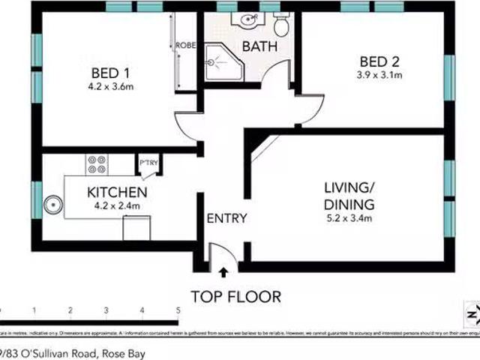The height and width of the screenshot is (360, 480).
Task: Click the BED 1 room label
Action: pos(111,73)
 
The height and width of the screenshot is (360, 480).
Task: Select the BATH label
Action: pos(259,46)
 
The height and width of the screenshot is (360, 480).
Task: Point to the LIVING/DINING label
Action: pos(349,195)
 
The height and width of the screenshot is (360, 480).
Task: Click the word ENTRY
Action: pos(226,218)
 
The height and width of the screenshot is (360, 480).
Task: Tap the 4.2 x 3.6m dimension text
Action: pos(111,87)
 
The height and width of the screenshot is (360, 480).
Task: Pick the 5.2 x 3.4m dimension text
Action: pos(349,218)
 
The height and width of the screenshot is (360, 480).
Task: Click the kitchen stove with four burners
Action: pos(97,164)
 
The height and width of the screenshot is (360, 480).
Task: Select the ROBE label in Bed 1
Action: pos(185,46)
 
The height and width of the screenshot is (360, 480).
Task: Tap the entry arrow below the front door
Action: pos(223,274)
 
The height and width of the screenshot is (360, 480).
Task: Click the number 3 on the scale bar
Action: pos(106,310)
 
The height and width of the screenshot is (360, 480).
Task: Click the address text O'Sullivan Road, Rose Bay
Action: pos(75,352)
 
